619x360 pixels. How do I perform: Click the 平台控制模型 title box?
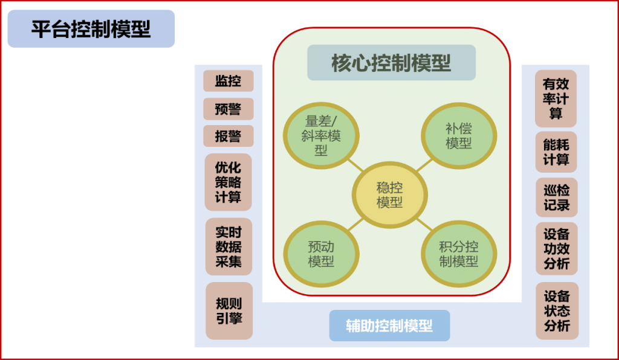pos(91,29)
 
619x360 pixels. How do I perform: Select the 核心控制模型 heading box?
pos(391,63)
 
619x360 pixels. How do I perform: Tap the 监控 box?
pos(228,81)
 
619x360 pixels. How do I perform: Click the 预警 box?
pos(228,109)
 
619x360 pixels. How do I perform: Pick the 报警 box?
pos(228,136)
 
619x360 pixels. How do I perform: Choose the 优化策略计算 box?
pos(228,182)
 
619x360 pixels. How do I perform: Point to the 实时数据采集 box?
pos(228,246)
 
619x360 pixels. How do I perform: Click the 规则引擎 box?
pos(229,310)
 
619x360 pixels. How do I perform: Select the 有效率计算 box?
pos(556,98)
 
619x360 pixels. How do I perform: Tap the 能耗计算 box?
pos(556,152)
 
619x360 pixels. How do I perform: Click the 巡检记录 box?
pos(557,197)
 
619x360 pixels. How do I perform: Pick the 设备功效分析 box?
pos(557,248)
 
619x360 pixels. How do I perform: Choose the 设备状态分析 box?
pos(557,310)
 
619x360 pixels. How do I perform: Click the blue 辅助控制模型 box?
pos(390,326)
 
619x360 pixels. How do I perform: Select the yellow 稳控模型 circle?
pos(390,194)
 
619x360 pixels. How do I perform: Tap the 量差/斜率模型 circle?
pos(321,136)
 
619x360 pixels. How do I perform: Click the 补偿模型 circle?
pos(459,136)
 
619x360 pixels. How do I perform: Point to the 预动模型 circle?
pos(321,254)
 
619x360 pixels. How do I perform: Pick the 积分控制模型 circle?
pos(459,254)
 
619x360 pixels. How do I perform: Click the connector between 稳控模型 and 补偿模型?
pos(424,166)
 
